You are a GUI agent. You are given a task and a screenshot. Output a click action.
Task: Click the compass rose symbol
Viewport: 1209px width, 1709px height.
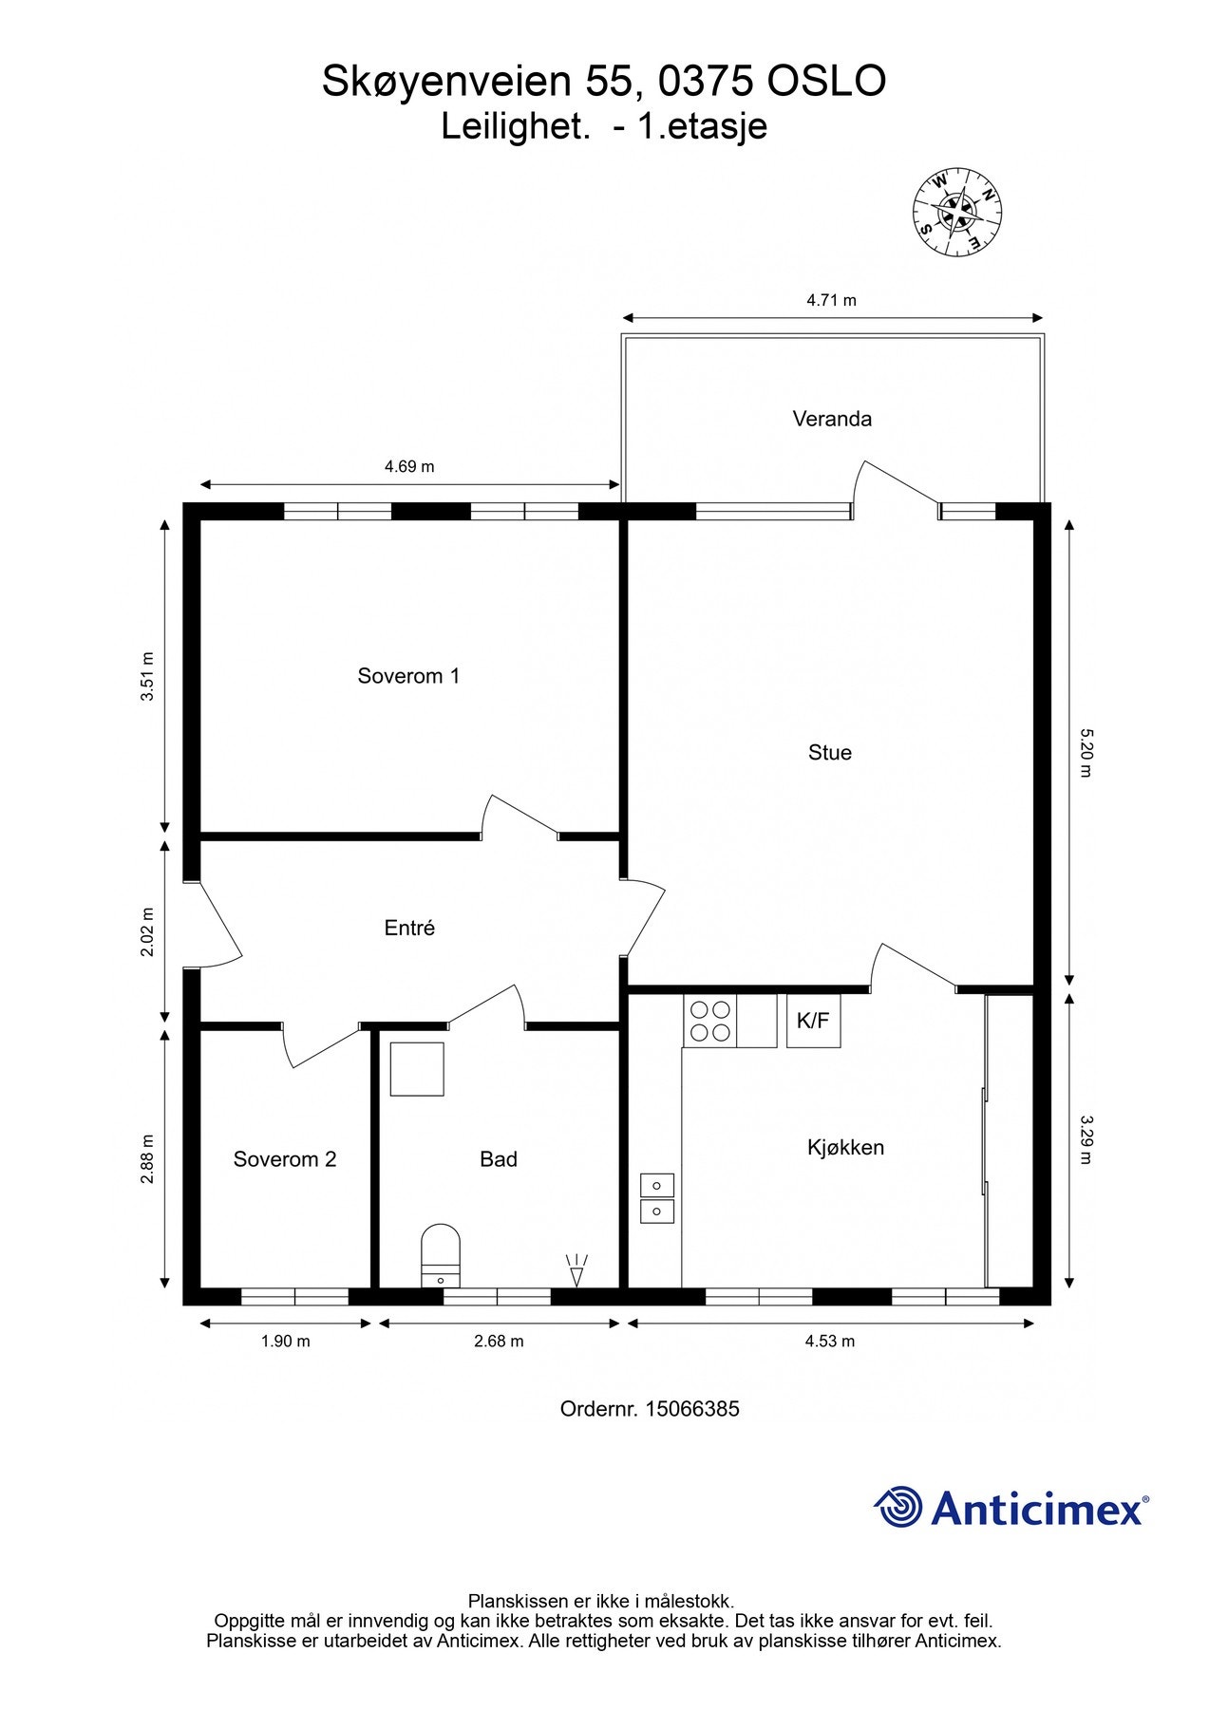(958, 212)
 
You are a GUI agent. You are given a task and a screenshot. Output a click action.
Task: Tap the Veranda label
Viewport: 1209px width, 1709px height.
(832, 419)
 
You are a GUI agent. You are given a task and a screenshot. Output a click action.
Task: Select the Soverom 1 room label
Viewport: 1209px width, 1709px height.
(408, 676)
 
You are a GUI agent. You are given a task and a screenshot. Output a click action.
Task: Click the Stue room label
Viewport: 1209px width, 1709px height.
(830, 753)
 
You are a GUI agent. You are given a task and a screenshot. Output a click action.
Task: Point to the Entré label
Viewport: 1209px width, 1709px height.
(409, 928)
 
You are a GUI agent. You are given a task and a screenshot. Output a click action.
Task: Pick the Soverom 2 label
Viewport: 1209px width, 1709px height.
(285, 1159)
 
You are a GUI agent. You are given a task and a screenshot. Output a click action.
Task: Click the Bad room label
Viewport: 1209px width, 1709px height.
(499, 1159)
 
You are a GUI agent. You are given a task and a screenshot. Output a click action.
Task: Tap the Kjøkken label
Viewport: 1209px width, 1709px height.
(845, 1148)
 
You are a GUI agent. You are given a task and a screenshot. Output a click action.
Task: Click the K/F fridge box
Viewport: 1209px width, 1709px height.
(813, 1021)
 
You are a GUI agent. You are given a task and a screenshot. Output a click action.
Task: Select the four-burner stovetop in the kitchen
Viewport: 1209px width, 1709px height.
(709, 1021)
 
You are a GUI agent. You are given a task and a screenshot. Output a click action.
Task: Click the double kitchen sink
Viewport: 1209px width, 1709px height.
(657, 1198)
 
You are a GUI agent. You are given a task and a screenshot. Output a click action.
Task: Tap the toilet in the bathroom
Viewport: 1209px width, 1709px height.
(441, 1255)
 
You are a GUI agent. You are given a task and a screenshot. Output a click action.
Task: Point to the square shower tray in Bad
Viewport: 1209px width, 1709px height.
(417, 1069)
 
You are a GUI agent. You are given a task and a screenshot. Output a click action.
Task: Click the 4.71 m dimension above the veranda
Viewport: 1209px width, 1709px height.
(832, 301)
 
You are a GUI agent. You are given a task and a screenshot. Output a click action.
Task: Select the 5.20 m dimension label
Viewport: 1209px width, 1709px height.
(1085, 752)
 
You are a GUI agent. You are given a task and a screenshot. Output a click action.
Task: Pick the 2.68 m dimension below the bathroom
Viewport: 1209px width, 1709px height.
(499, 1342)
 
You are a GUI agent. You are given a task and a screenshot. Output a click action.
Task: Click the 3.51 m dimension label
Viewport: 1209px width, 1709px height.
(146, 676)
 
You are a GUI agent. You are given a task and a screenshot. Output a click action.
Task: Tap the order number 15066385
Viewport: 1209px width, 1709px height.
(692, 1409)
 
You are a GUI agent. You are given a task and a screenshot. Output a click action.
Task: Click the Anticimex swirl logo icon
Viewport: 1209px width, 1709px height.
(898, 1507)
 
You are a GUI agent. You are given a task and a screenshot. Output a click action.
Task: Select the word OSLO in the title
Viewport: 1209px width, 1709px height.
(826, 82)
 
